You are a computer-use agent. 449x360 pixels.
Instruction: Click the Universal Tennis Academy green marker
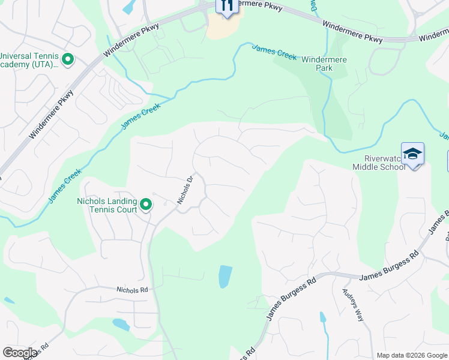pos(68,59)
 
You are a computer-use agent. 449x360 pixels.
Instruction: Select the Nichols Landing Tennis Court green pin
pos(146,206)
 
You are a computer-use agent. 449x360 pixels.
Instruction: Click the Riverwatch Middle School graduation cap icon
pos(412,154)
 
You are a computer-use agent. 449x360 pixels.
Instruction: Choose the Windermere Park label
pos(325,64)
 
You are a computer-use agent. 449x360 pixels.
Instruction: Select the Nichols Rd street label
pos(132,290)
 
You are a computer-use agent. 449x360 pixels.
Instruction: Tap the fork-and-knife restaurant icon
pos(226,5)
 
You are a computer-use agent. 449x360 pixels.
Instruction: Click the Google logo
pos(20,353)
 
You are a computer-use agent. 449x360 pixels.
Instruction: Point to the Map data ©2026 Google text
pos(412,355)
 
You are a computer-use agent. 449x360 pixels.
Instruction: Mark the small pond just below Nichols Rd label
pos(121,325)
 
